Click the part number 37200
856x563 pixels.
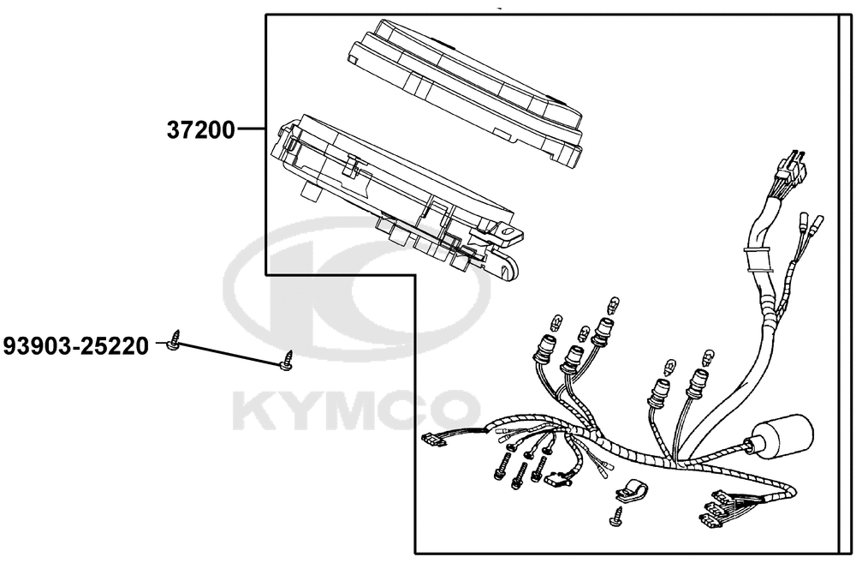click(x=200, y=130)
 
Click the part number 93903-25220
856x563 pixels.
click(x=76, y=346)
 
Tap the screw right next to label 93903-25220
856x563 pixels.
click(x=174, y=339)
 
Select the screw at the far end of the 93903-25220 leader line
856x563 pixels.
click(x=286, y=361)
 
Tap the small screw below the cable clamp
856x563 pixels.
click(x=616, y=517)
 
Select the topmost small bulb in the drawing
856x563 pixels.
click(x=614, y=304)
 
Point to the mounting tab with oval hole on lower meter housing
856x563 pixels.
click(x=508, y=232)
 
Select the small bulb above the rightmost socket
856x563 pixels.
click(x=709, y=357)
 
